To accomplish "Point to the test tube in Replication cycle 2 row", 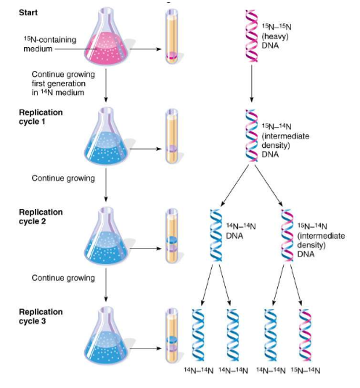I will coord(171,235).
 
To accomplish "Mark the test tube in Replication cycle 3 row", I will coord(171,334).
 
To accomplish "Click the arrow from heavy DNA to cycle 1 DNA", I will coord(250,84).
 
